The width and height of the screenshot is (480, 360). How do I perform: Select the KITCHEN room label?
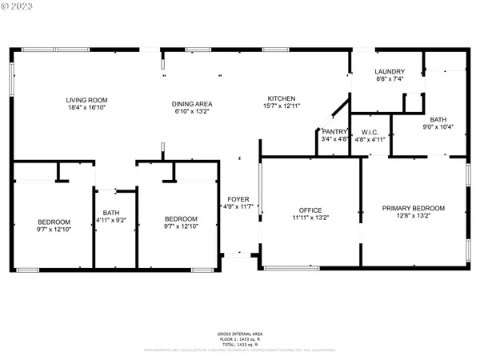(282, 98)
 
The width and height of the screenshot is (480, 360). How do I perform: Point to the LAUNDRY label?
(390, 72)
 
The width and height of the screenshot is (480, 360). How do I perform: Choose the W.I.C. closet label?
(370, 131)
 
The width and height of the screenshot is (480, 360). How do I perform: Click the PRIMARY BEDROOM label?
(413, 208)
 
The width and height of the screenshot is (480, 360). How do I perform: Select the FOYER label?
(238, 198)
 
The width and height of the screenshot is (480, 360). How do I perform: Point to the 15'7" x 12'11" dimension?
(282, 107)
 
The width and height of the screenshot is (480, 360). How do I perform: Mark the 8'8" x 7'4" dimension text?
(390, 80)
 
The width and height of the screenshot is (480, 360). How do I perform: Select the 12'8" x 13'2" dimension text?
(413, 217)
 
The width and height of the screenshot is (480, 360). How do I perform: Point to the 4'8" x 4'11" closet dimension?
(370, 139)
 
